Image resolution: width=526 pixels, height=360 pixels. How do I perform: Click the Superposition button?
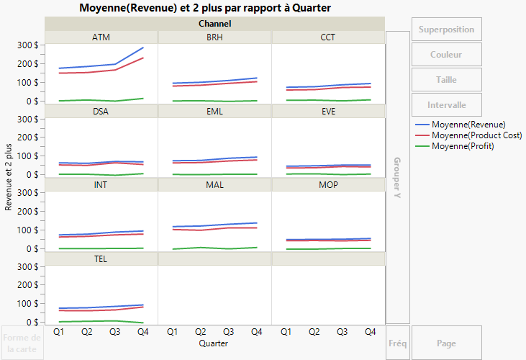pyautogui.click(x=446, y=30)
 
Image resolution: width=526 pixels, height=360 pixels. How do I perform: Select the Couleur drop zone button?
pyautogui.click(x=446, y=55)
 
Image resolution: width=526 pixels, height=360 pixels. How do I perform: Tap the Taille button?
pyautogui.click(x=446, y=80)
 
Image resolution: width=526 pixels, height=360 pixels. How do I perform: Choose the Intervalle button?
pyautogui.click(x=446, y=105)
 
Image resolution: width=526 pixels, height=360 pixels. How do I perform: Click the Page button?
pyautogui.click(x=446, y=343)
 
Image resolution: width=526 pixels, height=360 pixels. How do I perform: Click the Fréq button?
pyautogui.click(x=397, y=343)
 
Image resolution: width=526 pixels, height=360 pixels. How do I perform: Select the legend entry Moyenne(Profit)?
pyautogui.click(x=468, y=146)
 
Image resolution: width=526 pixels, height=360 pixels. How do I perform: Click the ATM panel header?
pyautogui.click(x=101, y=37)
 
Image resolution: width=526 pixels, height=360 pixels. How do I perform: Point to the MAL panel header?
pyautogui.click(x=214, y=185)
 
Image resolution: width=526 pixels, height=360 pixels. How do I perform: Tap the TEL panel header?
pyautogui.click(x=101, y=258)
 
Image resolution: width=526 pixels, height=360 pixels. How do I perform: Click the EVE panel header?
pyautogui.click(x=327, y=112)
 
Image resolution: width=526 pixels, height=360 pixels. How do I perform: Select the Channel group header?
pyautogui.click(x=214, y=24)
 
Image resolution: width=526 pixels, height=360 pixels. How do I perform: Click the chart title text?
pyautogui.click(x=215, y=8)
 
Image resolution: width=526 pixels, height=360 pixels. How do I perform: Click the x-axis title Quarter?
pyautogui.click(x=214, y=344)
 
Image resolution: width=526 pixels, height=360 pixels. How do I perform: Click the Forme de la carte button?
pyautogui.click(x=22, y=343)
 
